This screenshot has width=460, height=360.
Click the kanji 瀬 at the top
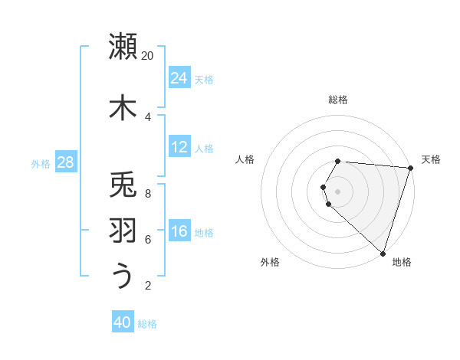pos(123,46)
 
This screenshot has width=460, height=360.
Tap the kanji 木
pos(123,106)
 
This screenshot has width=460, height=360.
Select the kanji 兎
pos(123,185)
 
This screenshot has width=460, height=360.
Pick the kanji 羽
pos(123,231)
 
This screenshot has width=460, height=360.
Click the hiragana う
pos(123,277)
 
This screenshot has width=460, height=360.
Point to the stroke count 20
pos(148,56)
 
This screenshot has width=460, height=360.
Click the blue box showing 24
pos(179,78)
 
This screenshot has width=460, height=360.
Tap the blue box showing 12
pos(179,147)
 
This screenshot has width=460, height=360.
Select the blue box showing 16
pos(179,231)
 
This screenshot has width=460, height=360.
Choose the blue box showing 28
pos(65,162)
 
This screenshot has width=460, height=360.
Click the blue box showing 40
pos(123,322)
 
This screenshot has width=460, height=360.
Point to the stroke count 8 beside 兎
pos(148,194)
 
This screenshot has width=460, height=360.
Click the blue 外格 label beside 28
pos(41,163)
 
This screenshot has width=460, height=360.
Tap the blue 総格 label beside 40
pos(147,324)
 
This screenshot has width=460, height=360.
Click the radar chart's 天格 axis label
pos(431,159)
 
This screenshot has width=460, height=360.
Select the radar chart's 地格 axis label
pos(402,262)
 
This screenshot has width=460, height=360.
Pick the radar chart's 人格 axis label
pos(245,159)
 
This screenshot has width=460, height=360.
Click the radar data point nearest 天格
pos(410,168)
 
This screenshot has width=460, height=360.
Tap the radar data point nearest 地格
pos(383,253)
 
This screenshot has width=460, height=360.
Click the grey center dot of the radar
pos(338,191)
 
